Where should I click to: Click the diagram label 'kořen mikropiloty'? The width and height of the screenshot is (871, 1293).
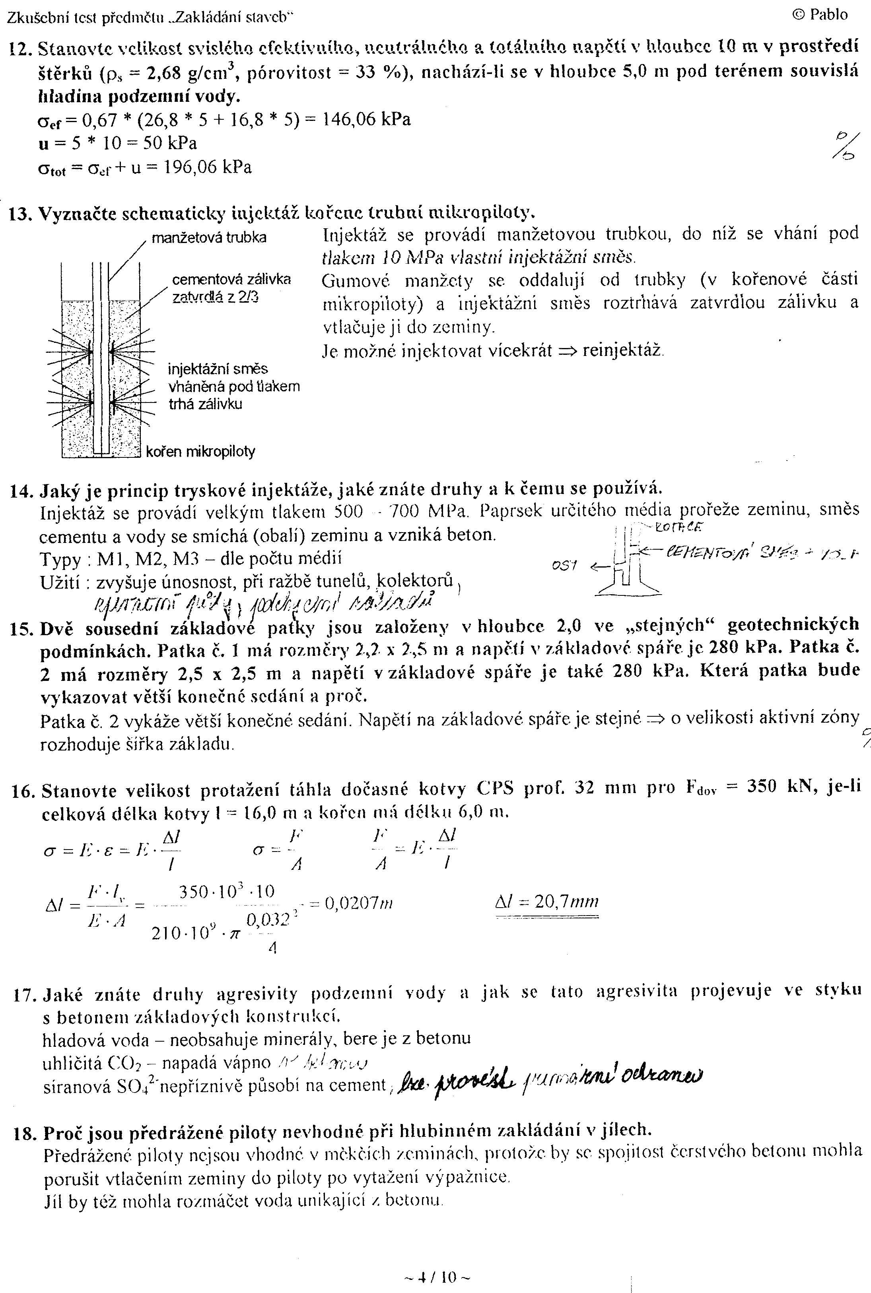point(200,451)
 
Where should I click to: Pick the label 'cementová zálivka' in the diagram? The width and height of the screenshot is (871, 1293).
point(231,279)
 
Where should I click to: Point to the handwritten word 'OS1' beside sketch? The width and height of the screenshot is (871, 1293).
point(564,566)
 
